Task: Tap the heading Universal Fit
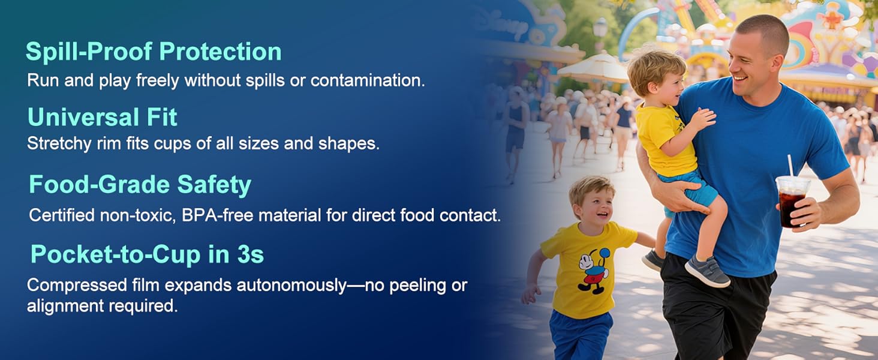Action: pyautogui.click(x=103, y=117)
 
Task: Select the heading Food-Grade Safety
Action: pyautogui.click(x=140, y=185)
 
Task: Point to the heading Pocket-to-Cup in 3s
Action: pyautogui.click(x=148, y=254)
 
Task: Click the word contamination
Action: pyautogui.click(x=368, y=80)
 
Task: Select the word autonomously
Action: pyautogui.click(x=291, y=286)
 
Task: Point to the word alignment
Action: pyautogui.click(x=65, y=306)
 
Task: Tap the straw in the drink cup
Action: pyautogui.click(x=790, y=166)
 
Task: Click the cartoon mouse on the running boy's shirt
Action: pyautogui.click(x=594, y=271)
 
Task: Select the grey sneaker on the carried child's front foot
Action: pyautogui.click(x=706, y=271)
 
